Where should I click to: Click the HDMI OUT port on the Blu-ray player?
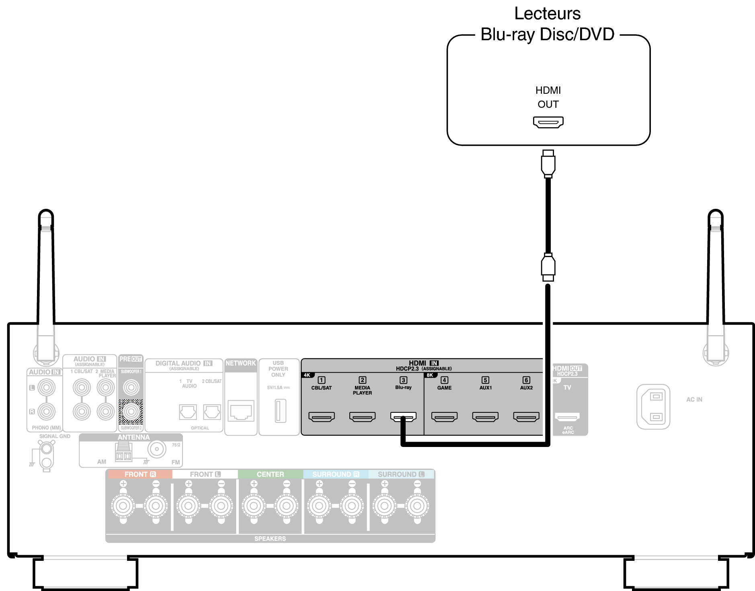pos(548,122)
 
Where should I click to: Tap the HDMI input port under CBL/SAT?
pos(322,417)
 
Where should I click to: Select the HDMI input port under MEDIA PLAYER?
pos(362,417)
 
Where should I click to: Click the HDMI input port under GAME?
pos(444,417)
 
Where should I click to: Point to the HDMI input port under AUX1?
pos(485,417)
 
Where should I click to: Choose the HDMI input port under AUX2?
pos(526,417)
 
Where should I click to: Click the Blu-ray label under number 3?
pos(403,387)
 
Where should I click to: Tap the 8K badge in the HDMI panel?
pos(430,375)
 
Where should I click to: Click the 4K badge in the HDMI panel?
pos(307,375)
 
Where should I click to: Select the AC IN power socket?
pos(653,407)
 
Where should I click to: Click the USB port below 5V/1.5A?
pos(280,410)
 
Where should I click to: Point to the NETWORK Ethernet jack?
pos(241,411)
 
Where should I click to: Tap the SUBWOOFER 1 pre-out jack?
pos(131,387)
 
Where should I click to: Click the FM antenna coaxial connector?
pos(157,449)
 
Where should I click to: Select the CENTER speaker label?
pos(270,474)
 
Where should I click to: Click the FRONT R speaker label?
pos(140,474)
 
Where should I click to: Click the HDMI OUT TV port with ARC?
pos(567,417)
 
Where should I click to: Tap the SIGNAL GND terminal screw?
pos(47,448)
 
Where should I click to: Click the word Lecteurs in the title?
pos(547,14)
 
